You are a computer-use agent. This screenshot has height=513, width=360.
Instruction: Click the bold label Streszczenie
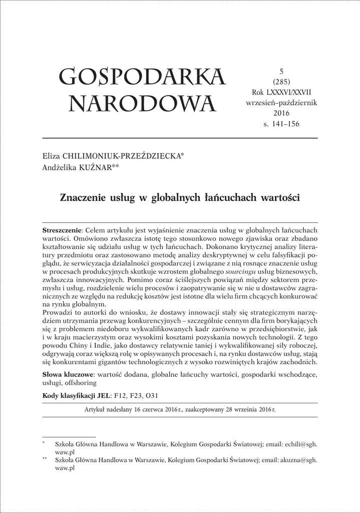62,229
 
